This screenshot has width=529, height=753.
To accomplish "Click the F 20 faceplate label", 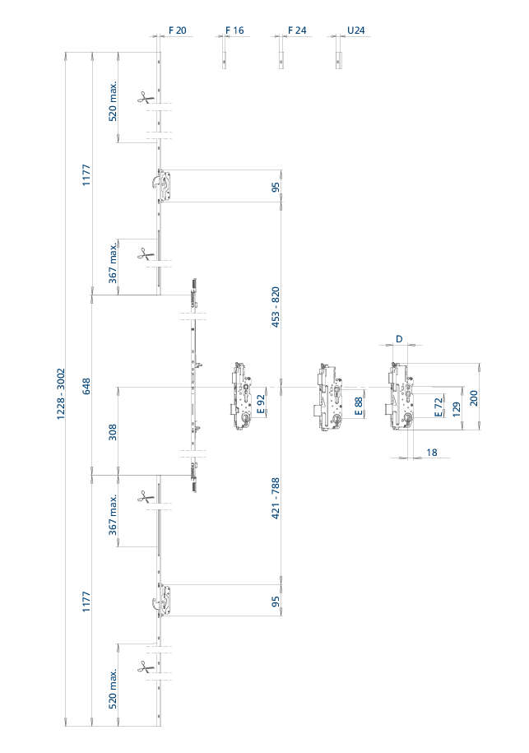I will click(x=177, y=30).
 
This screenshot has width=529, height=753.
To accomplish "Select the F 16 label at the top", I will click(x=234, y=30).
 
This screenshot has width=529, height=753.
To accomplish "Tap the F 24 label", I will click(x=297, y=30).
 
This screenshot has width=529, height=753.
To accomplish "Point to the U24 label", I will click(x=355, y=30).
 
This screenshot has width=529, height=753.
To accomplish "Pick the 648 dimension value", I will click(x=86, y=385).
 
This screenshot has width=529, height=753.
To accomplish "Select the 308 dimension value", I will click(x=113, y=432).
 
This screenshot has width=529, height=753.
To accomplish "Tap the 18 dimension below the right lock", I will click(x=431, y=453).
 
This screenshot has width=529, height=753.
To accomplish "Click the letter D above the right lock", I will click(x=399, y=339).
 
